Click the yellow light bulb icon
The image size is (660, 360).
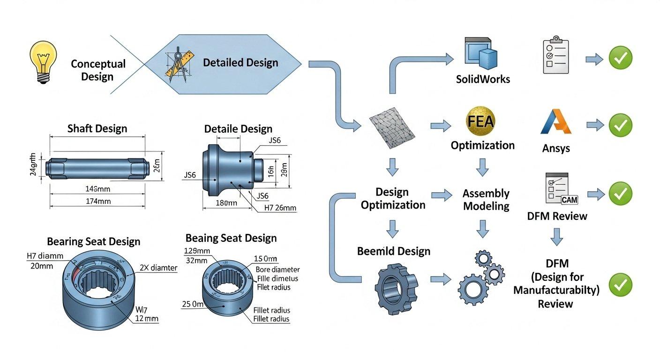point(43,61)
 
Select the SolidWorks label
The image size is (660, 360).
point(483,79)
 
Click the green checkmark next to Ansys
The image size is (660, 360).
point(620,125)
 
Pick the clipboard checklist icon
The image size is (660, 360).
point(556,55)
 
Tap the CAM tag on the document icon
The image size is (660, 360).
point(569,199)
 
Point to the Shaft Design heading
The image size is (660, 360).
point(97,128)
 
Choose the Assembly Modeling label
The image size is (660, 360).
point(486,200)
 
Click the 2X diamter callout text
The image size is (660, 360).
point(158,268)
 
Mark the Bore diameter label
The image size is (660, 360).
point(277,270)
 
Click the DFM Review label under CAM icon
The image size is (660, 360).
point(556,216)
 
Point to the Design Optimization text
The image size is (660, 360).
point(393,198)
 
